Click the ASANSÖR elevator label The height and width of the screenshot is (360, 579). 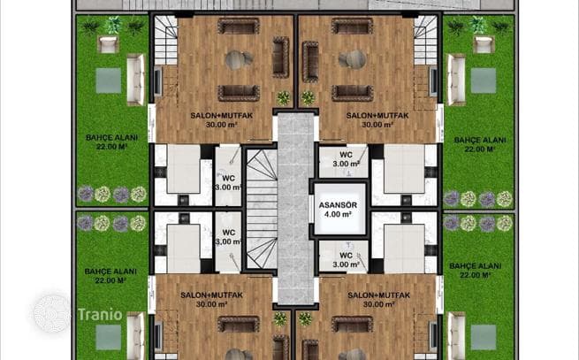coord(338,205)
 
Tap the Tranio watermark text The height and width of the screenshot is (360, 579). coord(100,315)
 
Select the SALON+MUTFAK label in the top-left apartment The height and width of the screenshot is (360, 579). coord(222,115)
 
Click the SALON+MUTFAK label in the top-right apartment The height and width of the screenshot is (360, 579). coord(377,115)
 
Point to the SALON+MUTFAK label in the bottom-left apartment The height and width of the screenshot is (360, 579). coord(211,295)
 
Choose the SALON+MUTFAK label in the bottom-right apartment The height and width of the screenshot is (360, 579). coord(379,295)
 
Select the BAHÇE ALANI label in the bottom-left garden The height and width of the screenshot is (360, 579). coord(110,272)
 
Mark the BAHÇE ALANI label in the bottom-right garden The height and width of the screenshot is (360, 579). coord(476,265)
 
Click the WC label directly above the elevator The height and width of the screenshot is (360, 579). coord(346,155)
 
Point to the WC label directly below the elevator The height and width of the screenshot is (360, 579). coord(346,255)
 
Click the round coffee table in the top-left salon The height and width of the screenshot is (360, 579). coord(239,60)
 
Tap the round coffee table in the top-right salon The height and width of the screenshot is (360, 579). coord(353,59)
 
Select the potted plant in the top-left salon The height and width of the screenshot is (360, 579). coord(284,98)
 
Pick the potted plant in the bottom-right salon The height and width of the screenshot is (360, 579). coord(305,318)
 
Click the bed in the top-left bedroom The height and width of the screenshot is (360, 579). coord(184,169)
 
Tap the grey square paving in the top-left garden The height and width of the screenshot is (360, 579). coord(109,80)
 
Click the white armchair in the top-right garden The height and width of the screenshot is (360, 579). coord(484,44)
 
